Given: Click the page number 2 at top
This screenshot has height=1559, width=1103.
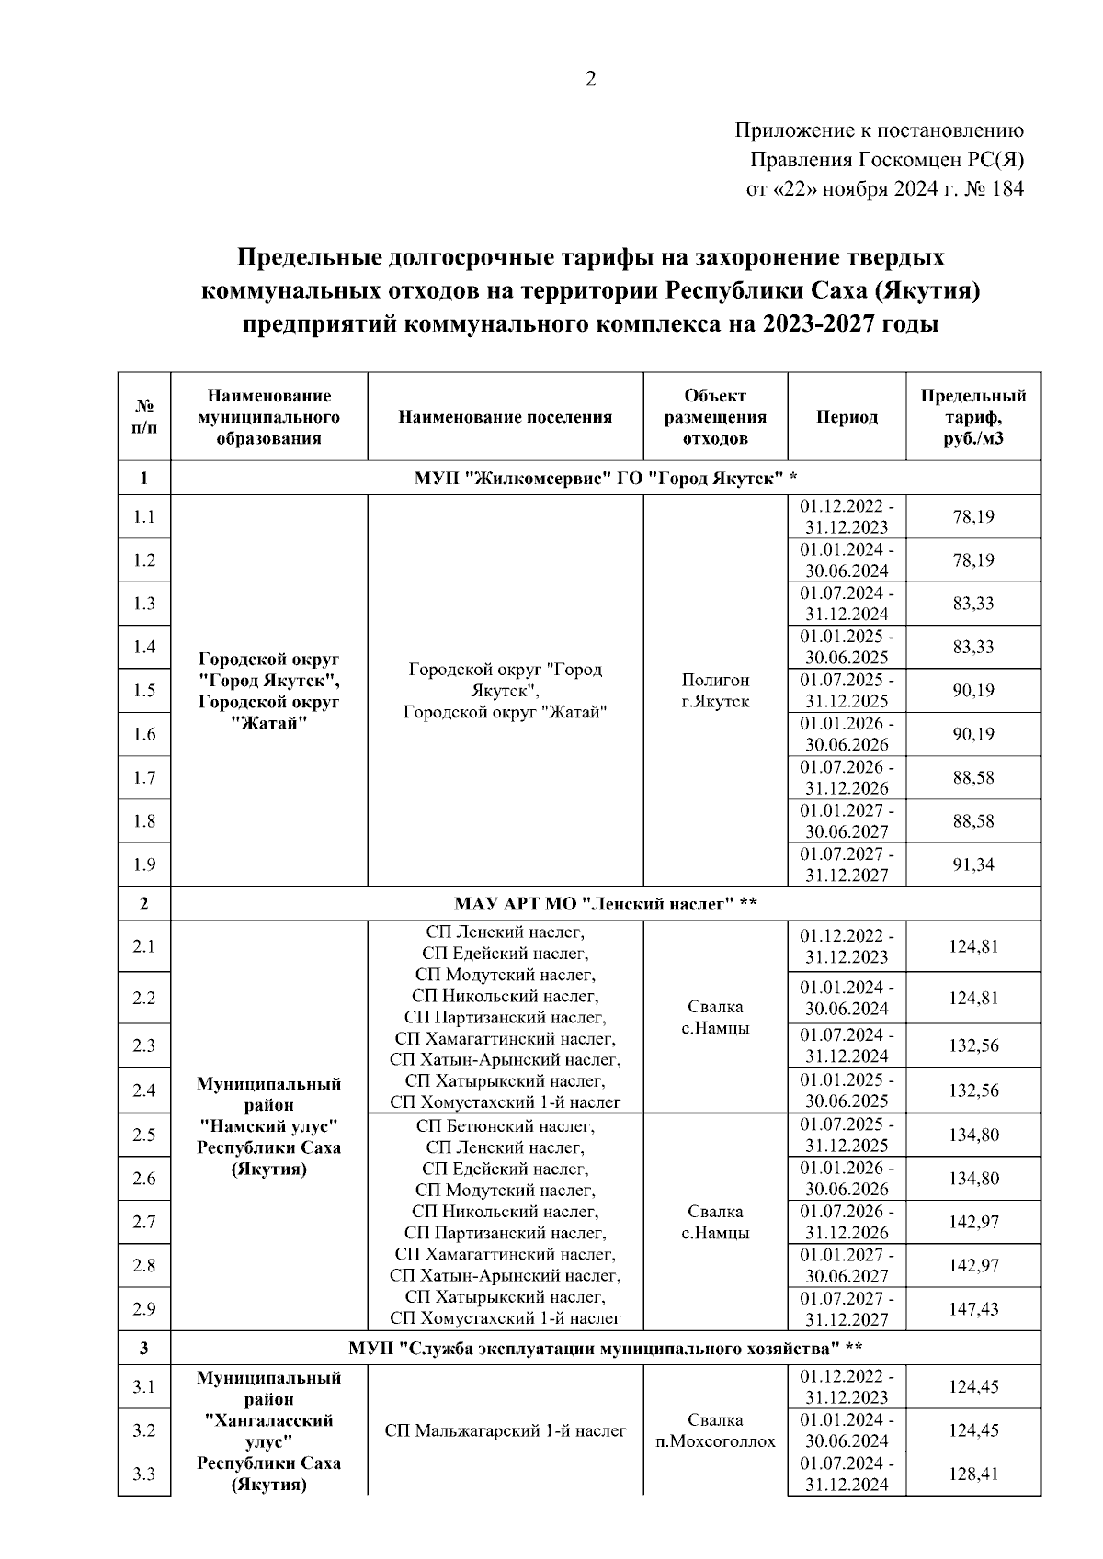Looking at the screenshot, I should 591,80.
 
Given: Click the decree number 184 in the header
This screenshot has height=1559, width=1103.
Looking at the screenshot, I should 1007,189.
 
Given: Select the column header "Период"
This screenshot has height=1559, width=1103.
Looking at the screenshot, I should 847,417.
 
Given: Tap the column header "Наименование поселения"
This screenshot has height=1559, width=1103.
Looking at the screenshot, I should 505,417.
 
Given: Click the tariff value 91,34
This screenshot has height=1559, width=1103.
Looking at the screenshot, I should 973,864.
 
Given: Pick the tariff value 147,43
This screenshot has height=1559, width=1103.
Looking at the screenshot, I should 973,1309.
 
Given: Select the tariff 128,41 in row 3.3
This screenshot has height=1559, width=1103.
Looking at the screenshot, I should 973,1474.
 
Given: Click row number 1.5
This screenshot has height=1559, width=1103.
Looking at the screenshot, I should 144,691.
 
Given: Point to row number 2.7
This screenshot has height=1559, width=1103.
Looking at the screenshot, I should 144,1222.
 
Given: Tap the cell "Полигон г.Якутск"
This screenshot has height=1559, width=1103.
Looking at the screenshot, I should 715,691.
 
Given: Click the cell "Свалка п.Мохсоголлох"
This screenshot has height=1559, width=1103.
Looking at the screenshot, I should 715,1430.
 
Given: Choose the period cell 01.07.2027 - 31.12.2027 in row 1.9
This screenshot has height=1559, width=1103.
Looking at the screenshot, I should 847,864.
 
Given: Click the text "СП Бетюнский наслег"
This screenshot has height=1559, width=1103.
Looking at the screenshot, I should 505,1125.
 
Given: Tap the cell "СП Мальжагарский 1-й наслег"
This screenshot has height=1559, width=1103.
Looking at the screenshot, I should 505,1430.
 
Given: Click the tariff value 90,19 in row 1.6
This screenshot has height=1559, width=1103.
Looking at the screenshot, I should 973,734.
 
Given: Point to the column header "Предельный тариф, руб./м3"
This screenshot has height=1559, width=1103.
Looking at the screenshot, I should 973,417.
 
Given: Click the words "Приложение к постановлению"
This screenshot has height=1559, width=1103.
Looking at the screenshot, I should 880,130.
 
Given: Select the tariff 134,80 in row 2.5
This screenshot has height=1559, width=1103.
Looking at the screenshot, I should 973,1135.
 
